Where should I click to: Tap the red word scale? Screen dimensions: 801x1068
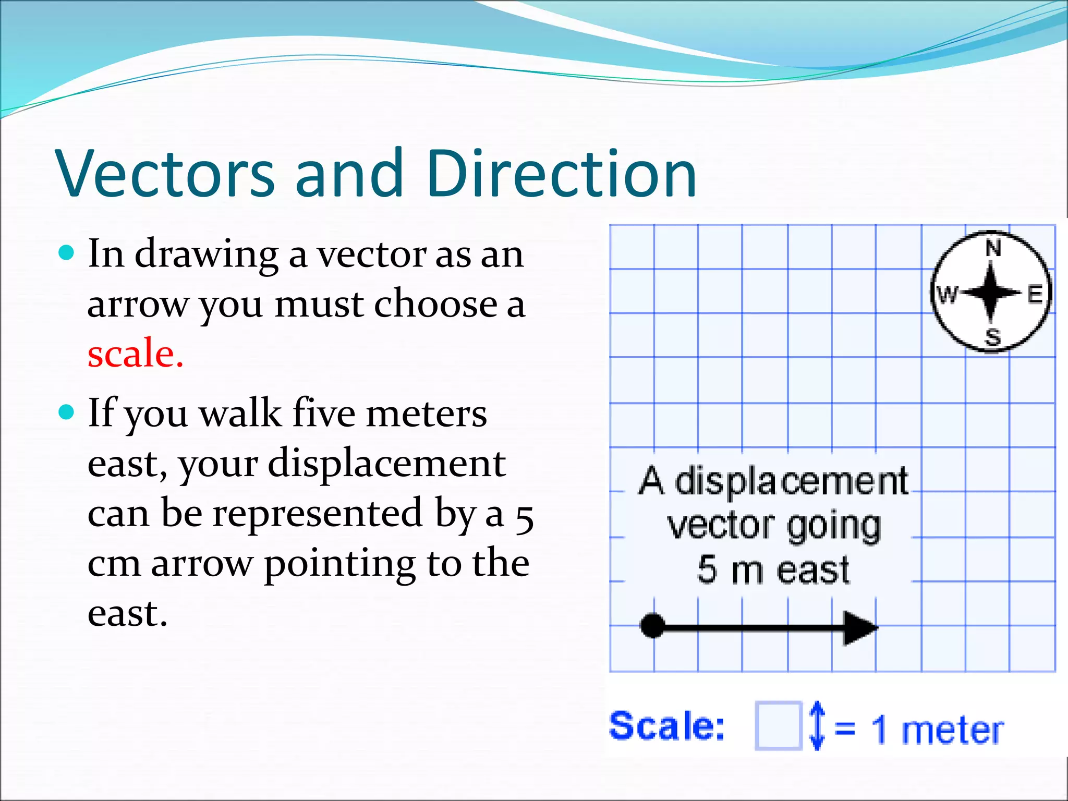click(x=135, y=353)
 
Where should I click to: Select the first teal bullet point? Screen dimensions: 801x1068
click(x=67, y=254)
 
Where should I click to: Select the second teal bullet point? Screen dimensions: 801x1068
click(x=67, y=414)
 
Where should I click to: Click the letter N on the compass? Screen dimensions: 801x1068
click(x=993, y=248)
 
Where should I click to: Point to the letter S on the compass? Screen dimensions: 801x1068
click(x=993, y=337)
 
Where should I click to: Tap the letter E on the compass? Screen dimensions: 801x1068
click(x=1035, y=295)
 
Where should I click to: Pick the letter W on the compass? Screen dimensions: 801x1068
click(x=948, y=295)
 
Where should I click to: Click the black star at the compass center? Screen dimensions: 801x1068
click(x=991, y=293)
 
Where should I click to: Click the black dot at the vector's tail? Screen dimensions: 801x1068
click(x=652, y=625)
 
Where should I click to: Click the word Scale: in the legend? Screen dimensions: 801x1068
click(x=667, y=725)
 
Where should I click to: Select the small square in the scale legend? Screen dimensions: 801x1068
click(x=778, y=726)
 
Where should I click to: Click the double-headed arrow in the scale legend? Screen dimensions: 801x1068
click(x=817, y=725)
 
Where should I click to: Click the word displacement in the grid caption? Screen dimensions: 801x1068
click(x=791, y=481)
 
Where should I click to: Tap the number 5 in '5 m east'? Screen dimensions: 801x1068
click(x=707, y=569)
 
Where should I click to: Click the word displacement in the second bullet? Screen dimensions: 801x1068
click(x=386, y=463)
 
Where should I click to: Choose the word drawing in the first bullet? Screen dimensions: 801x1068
click(x=207, y=254)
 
